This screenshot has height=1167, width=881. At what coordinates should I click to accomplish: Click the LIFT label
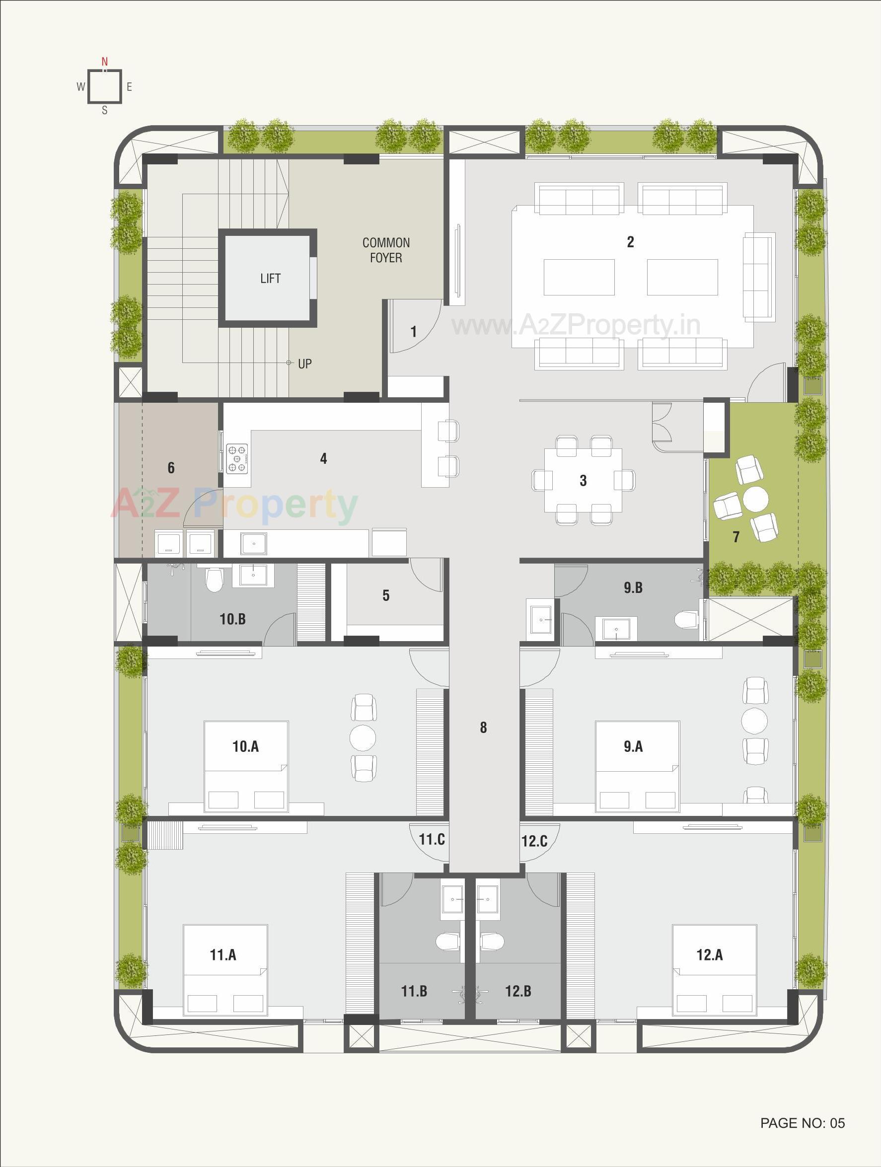pyautogui.click(x=270, y=278)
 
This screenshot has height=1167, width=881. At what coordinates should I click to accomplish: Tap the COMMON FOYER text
pyautogui.click(x=386, y=250)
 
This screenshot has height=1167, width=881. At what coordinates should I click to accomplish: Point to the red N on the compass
pyautogui.click(x=104, y=62)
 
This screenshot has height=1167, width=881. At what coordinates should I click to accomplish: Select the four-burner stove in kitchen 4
pyautogui.click(x=237, y=457)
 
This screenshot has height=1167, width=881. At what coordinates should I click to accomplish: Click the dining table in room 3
pyautogui.click(x=583, y=480)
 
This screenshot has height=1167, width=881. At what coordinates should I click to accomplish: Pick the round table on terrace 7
pyautogui.click(x=755, y=499)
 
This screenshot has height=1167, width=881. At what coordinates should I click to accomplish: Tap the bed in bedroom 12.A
pyautogui.click(x=714, y=970)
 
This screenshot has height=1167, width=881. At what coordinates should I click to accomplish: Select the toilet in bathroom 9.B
pyautogui.click(x=685, y=619)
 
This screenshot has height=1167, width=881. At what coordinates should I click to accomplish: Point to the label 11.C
pyautogui.click(x=432, y=839)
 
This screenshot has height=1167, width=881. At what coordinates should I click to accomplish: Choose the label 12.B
pyautogui.click(x=518, y=991)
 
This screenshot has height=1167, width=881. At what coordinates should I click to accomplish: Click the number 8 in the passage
pyautogui.click(x=483, y=728)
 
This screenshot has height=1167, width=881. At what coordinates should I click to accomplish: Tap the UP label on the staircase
pyautogui.click(x=304, y=364)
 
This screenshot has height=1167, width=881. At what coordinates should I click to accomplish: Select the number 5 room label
pyautogui.click(x=386, y=595)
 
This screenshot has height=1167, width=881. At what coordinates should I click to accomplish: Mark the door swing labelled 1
pyautogui.click(x=414, y=331)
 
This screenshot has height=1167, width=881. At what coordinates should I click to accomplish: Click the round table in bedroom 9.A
pyautogui.click(x=754, y=720)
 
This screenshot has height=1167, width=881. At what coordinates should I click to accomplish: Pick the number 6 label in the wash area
pyautogui.click(x=171, y=467)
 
